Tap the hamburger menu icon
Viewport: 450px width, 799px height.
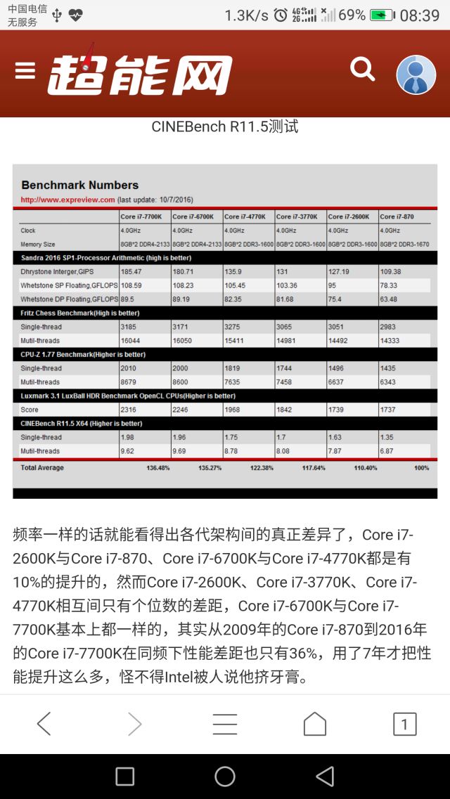25,71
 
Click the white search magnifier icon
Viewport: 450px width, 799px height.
363,69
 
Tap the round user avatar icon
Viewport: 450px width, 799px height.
416,74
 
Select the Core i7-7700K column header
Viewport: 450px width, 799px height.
141,216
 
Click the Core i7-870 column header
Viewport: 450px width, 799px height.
397,216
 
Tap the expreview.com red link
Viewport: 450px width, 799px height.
67,200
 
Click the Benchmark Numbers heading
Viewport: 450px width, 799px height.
79,185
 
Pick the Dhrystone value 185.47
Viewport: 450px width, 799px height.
131,271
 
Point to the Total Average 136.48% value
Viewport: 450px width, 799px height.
157,467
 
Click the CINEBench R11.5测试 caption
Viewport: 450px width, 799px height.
225,127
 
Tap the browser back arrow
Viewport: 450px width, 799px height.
44,724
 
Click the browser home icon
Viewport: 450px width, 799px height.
314,724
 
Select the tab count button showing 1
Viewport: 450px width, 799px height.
404,724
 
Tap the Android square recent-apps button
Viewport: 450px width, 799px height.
124,776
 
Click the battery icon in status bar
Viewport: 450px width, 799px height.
382,15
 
